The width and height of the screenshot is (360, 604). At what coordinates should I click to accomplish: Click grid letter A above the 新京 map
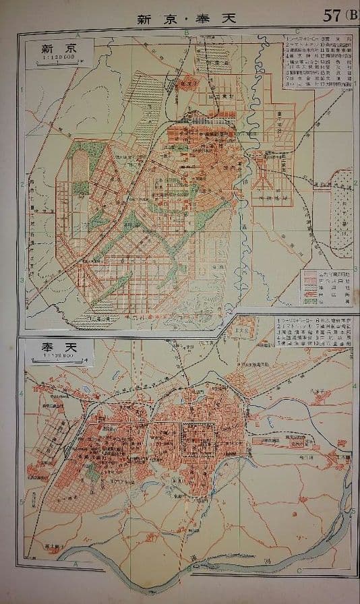78,33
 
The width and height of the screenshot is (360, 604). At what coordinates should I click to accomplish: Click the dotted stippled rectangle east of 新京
340,202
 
